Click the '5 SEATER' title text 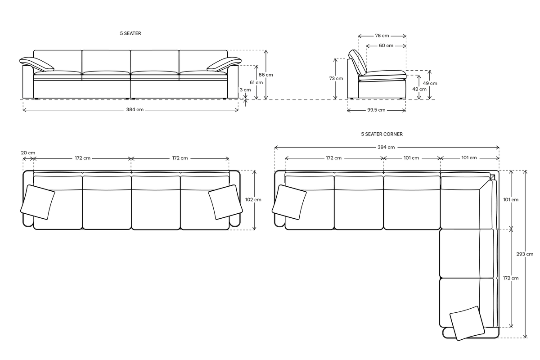(130, 33)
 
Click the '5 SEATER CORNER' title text (382, 134)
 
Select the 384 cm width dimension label (135, 110)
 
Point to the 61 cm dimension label (256, 82)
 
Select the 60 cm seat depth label (386, 46)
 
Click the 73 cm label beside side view (336, 78)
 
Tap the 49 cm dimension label (430, 83)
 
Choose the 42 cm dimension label (419, 89)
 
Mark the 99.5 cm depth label (376, 110)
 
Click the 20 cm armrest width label (28, 153)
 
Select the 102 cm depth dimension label (254, 199)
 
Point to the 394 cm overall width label (387, 147)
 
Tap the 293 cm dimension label (525, 254)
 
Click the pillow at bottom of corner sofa (467, 323)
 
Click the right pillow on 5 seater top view (225, 202)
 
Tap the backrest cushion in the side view (358, 62)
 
